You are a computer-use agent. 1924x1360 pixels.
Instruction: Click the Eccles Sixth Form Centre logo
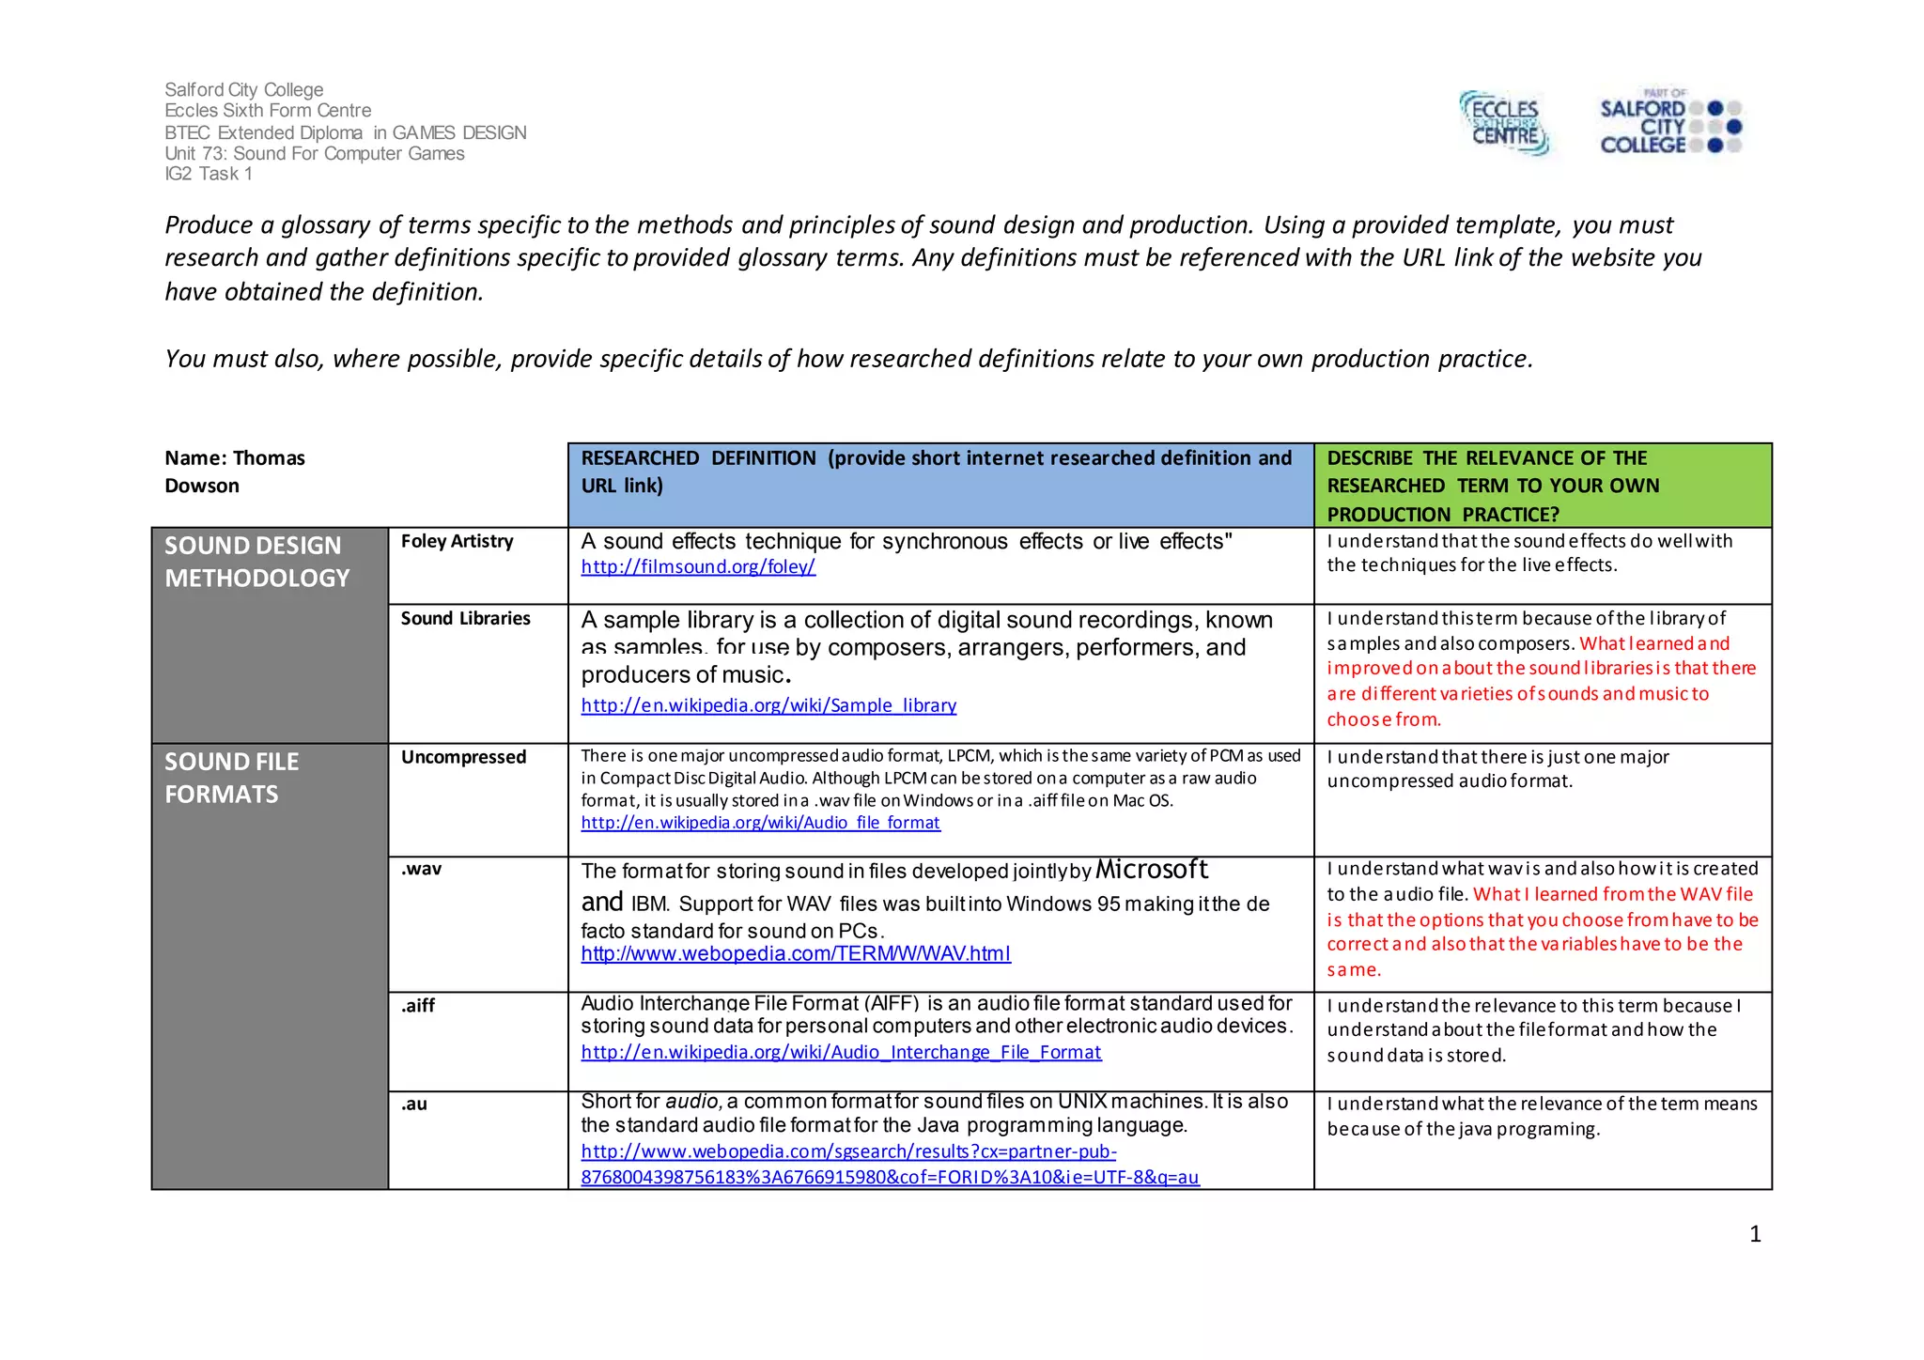coord(1504,123)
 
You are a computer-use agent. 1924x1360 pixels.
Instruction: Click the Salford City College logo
coord(1669,125)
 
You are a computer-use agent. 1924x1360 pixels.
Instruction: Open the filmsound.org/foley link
coord(698,566)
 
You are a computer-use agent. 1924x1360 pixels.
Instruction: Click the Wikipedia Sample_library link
coord(768,705)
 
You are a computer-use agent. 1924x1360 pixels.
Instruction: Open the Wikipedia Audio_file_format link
coord(760,823)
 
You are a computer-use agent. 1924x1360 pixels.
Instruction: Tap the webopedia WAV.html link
coord(796,954)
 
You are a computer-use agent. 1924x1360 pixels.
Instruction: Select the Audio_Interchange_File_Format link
coord(841,1052)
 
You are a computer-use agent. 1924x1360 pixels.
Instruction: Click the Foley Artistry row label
coord(458,541)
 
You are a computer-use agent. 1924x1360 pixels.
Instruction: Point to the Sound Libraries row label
coord(466,618)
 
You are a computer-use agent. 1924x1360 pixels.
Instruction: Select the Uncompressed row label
coord(463,757)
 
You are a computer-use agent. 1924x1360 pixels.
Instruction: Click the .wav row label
coord(421,869)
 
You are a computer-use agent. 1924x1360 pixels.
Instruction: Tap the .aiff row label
coord(418,1005)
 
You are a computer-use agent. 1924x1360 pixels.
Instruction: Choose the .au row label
coord(414,1104)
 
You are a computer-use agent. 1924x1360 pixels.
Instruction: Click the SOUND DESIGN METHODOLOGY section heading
coord(257,562)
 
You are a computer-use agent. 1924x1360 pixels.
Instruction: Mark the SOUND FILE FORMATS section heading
coord(232,778)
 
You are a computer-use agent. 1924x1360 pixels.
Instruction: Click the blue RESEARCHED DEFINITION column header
coord(939,471)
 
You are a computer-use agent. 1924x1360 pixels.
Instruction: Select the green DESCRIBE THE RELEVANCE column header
coord(1541,485)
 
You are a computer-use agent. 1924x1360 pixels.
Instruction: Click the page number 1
coord(1755,1234)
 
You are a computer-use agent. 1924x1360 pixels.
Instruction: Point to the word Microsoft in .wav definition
coord(1152,870)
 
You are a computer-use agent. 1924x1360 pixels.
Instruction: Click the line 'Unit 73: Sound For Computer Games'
coord(315,153)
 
